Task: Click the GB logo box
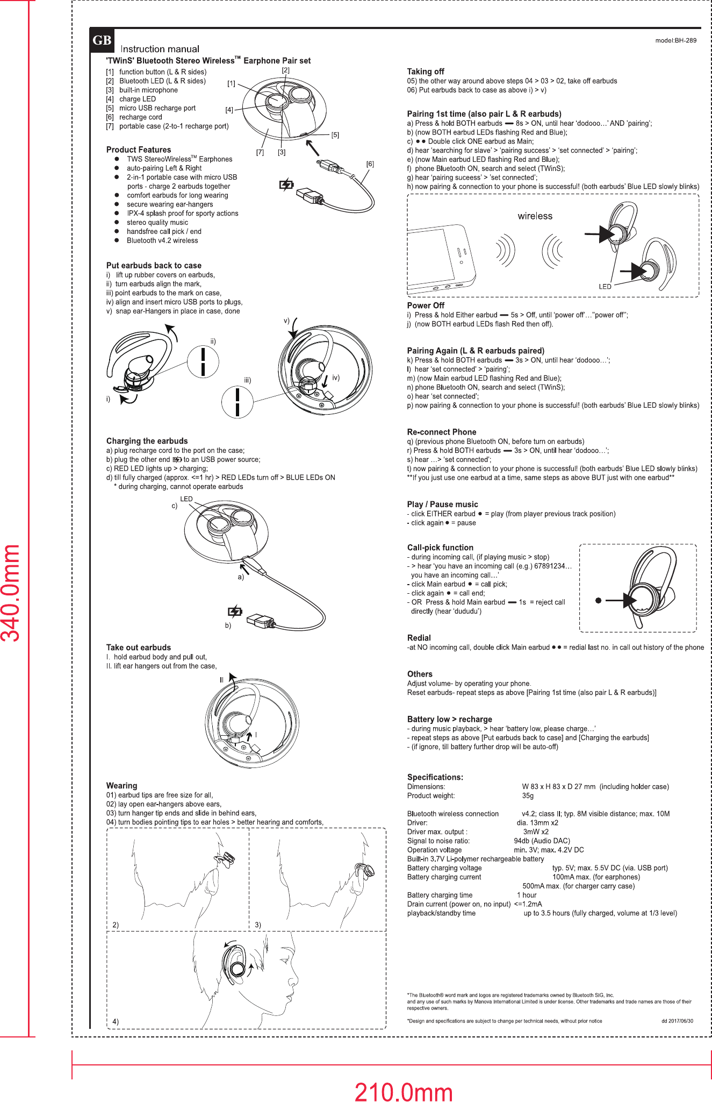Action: [102, 40]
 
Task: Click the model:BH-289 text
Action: [675, 40]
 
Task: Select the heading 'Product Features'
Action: [139, 150]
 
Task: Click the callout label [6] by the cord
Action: [370, 164]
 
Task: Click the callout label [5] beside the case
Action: [335, 135]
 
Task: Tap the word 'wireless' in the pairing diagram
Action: [535, 216]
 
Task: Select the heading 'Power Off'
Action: [426, 305]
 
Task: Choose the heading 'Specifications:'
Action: [435, 777]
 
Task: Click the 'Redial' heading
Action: [419, 638]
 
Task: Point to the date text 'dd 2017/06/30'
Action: [677, 1021]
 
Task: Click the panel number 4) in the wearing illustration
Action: [116, 1021]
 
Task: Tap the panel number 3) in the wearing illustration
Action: [258, 925]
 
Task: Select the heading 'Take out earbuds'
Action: [139, 648]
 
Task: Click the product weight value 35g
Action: [528, 795]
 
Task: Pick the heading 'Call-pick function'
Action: [440, 548]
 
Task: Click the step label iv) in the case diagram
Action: [336, 378]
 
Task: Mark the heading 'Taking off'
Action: [426, 72]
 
